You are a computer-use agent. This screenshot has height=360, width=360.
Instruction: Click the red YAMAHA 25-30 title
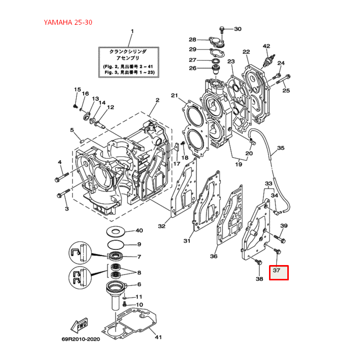[x=67, y=22]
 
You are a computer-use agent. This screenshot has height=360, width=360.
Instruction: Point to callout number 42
[x=267, y=46]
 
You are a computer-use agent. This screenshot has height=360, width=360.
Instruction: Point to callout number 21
[x=174, y=95]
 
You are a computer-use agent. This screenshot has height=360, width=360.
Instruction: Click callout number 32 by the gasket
[x=162, y=226]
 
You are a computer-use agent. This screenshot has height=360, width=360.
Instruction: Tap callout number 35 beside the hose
[x=280, y=148]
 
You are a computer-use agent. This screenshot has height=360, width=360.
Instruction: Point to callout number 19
[x=238, y=164]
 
